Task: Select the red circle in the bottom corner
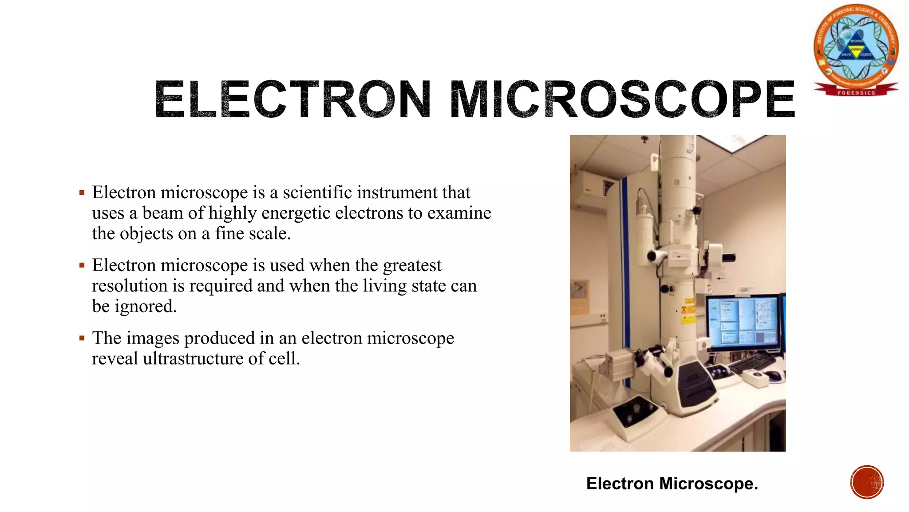point(867,482)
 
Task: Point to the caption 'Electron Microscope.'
point(672,484)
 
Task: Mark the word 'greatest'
point(412,265)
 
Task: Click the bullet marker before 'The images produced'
point(82,338)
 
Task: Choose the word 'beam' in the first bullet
point(162,213)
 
